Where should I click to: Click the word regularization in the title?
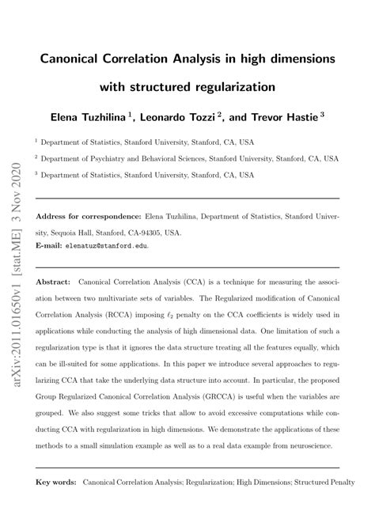click(238, 85)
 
